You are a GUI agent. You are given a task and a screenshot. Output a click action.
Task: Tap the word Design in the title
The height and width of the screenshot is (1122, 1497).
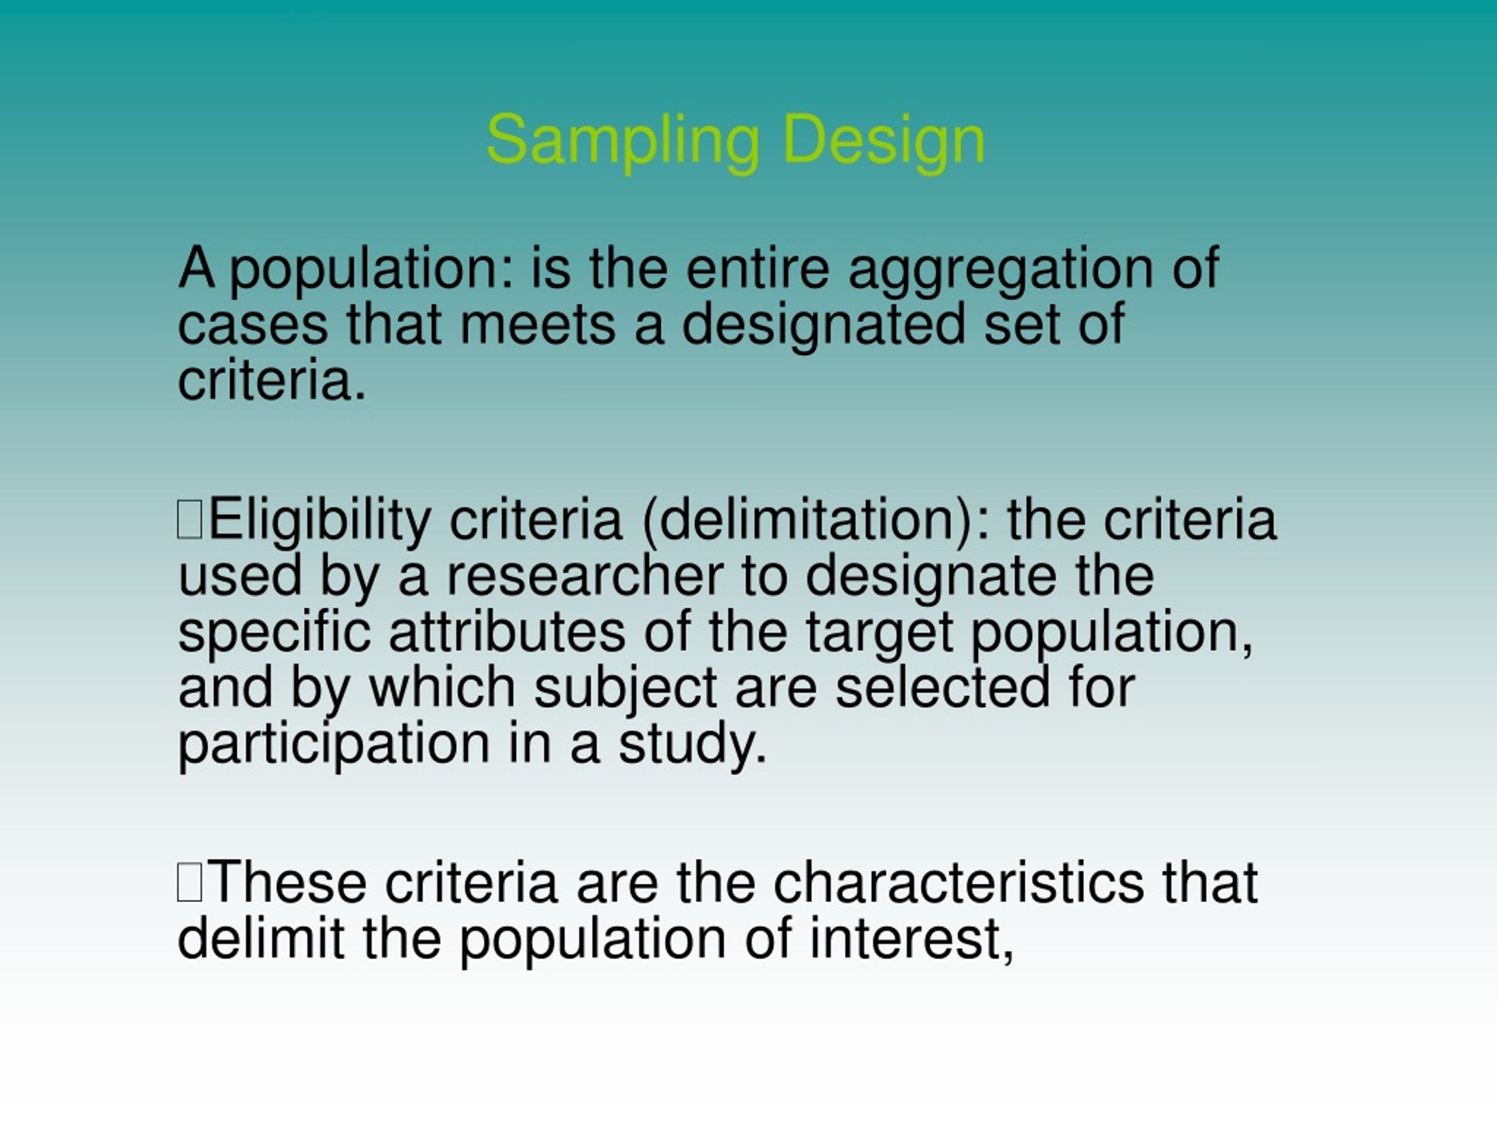point(883,140)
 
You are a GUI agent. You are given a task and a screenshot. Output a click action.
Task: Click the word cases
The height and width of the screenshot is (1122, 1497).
point(253,325)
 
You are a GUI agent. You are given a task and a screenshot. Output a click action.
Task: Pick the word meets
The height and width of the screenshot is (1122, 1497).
point(537,325)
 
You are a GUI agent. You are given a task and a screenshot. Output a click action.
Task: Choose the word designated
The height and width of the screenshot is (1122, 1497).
point(823,325)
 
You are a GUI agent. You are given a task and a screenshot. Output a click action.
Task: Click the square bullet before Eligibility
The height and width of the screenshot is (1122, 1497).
point(189,520)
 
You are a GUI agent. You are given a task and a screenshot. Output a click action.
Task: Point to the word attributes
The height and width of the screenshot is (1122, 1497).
point(507,632)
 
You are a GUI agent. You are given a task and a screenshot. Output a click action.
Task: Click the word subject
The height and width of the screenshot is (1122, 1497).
point(625,688)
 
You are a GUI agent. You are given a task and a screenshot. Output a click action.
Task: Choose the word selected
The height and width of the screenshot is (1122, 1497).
point(943,688)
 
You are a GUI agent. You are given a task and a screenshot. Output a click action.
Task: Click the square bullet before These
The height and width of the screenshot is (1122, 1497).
point(189,883)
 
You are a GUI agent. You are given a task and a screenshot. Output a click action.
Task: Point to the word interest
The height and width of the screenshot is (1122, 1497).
point(910,940)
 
